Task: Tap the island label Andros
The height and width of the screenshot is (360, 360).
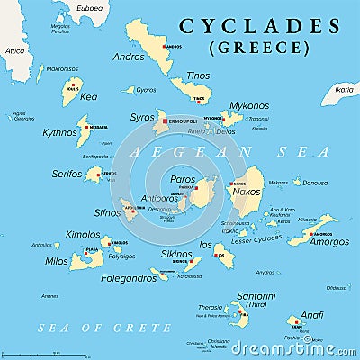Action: click(x=128, y=56)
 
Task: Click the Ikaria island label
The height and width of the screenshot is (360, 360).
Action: click(x=343, y=90)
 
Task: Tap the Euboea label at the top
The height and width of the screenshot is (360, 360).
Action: click(x=89, y=8)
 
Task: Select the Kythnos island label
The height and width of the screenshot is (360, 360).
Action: click(x=60, y=133)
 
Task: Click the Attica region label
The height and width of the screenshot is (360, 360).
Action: click(x=15, y=50)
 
